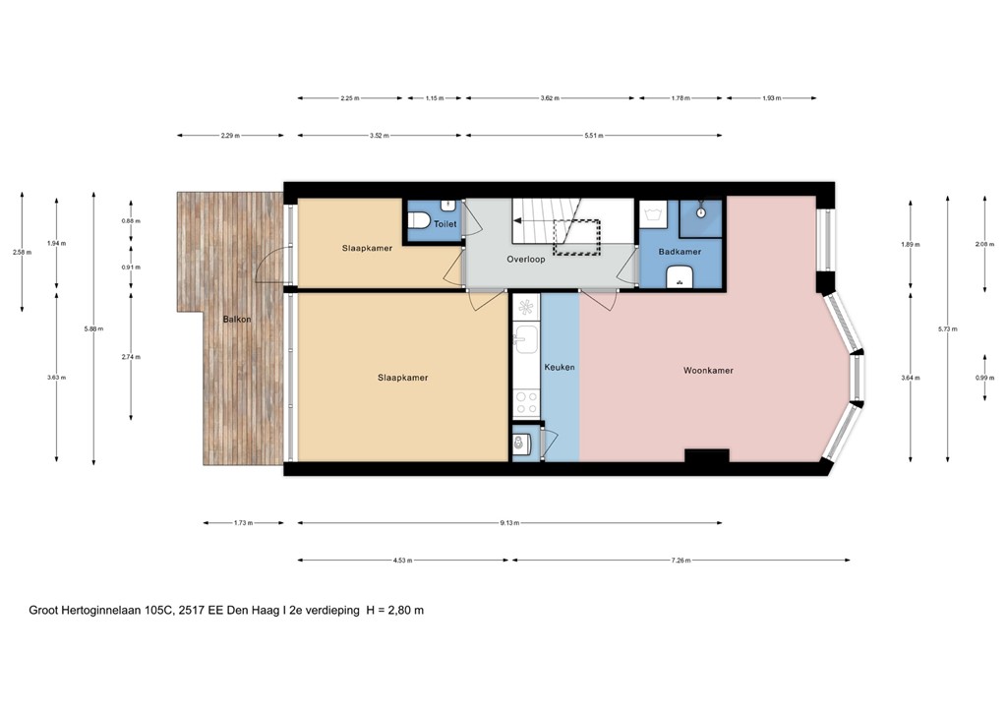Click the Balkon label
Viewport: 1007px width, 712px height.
[x=237, y=320]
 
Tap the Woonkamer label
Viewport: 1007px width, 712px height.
[x=708, y=371]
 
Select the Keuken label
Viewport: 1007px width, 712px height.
[x=559, y=367]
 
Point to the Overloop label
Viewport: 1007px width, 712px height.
[x=526, y=261]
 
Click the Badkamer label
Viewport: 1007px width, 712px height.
[x=680, y=252]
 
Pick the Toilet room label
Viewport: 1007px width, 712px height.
[x=445, y=224]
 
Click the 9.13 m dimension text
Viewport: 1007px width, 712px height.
[x=509, y=523]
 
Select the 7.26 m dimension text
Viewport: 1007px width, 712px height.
[x=681, y=561]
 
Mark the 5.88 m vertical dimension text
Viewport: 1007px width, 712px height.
[x=93, y=328]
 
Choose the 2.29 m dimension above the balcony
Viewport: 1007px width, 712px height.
[x=230, y=136]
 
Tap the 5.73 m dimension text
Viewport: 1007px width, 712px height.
[x=948, y=328]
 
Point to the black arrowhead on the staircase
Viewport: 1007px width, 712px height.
[x=517, y=223]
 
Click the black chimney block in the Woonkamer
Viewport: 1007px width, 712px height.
[x=706, y=455]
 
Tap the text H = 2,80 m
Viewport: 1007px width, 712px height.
[x=394, y=610]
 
